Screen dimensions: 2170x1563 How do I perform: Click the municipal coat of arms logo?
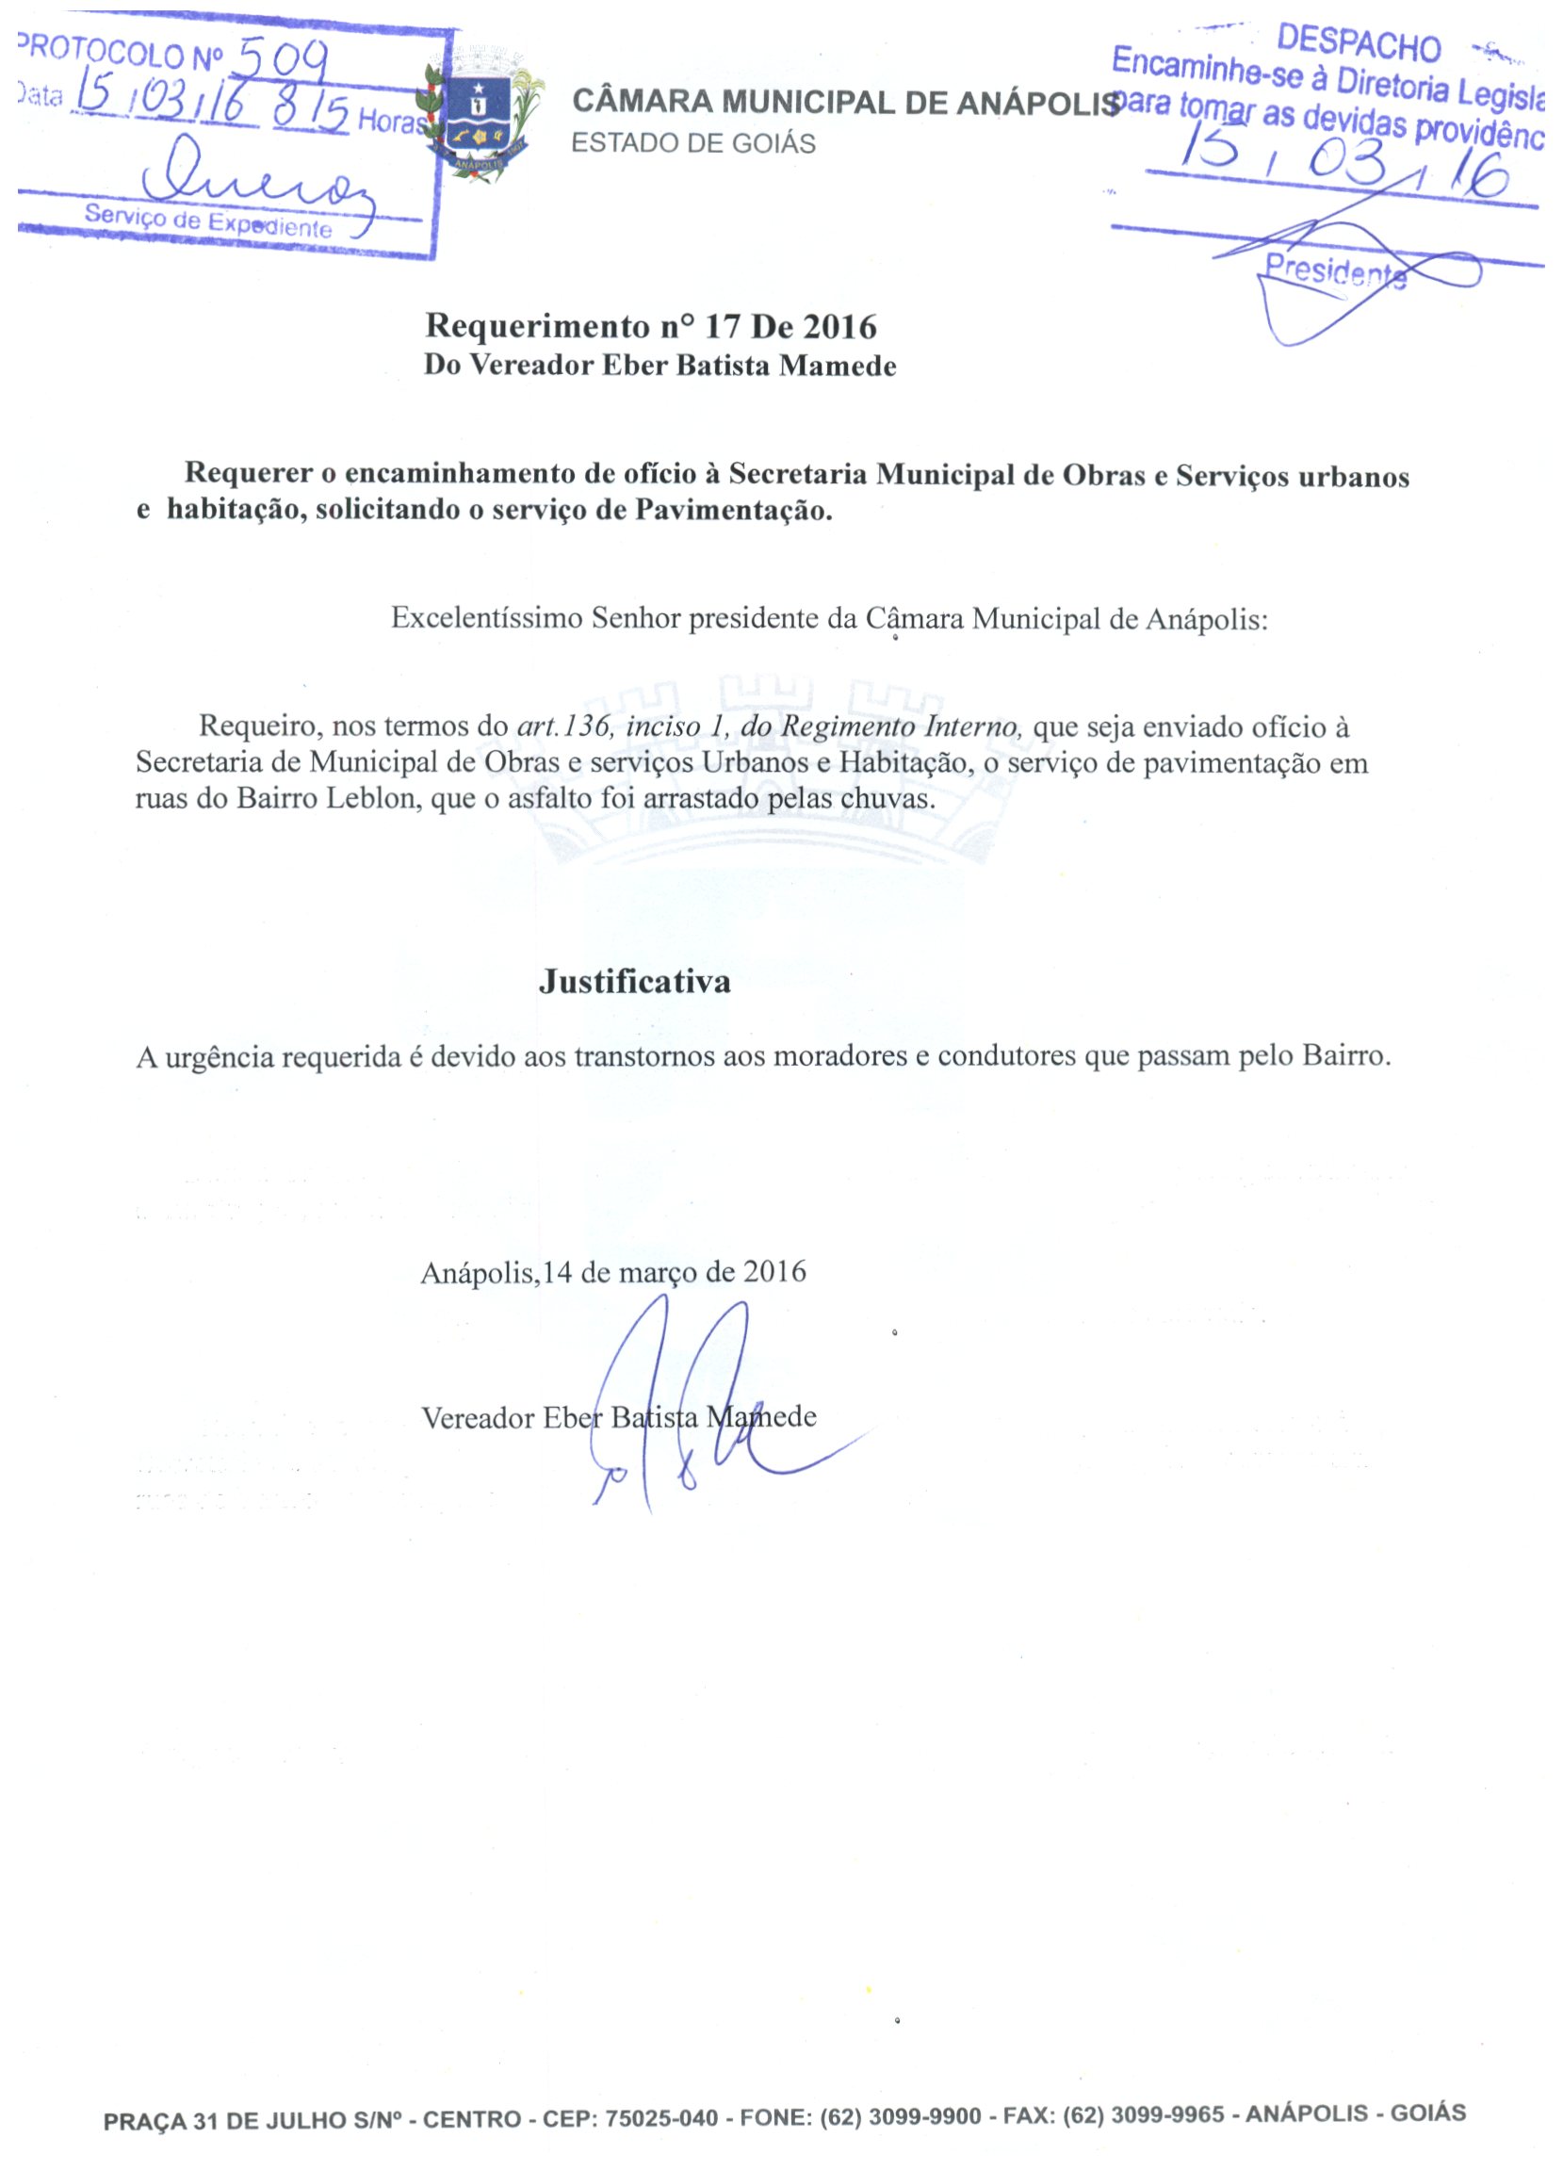point(483,113)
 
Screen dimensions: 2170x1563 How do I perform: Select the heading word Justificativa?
point(634,982)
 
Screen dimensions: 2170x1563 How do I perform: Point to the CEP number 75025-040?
point(661,2117)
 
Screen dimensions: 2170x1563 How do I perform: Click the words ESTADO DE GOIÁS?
point(693,143)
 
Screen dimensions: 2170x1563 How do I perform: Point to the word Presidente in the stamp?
point(1335,269)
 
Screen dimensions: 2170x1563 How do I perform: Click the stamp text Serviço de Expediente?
point(207,221)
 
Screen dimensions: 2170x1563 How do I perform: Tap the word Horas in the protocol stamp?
point(390,122)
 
